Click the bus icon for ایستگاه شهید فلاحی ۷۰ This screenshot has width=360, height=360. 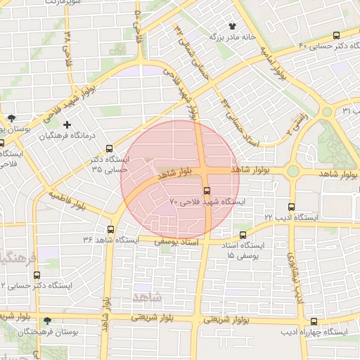tap(207, 191)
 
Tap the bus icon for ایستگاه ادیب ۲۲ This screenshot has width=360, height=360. tap(292, 206)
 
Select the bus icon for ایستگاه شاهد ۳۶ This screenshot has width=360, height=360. tap(110, 229)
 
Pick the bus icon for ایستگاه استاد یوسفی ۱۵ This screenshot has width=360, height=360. tap(243, 235)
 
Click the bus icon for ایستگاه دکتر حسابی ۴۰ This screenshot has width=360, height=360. tap(336, 35)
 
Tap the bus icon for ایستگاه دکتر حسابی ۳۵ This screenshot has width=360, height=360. tap(109, 148)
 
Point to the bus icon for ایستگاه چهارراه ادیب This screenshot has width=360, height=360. tap(314, 321)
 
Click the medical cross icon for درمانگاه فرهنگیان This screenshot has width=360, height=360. tap(67, 124)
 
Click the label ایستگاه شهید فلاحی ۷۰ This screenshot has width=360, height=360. tap(207, 202)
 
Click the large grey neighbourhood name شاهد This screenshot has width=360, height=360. tap(146, 297)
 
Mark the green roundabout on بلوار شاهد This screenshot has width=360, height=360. tap(293, 171)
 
